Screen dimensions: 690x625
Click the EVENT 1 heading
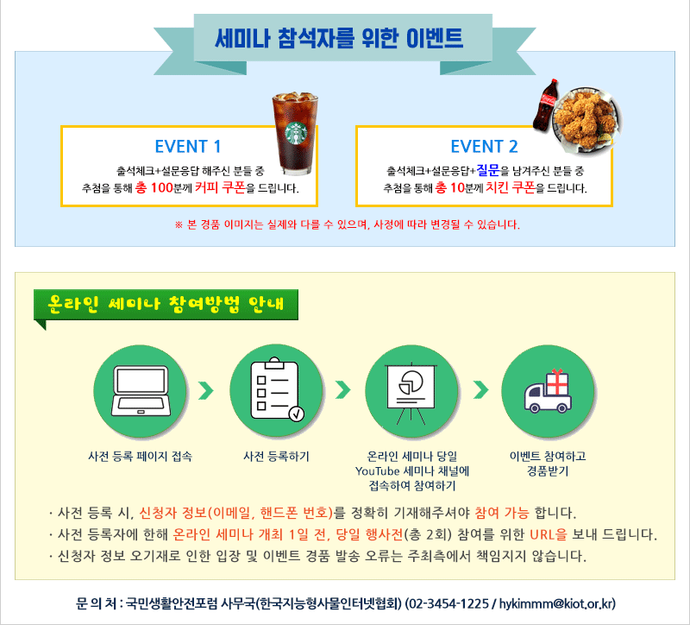click(188, 147)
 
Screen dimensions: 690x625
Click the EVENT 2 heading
click(484, 147)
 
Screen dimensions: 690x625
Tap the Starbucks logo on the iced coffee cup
click(296, 133)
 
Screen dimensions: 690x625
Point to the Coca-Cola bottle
click(545, 105)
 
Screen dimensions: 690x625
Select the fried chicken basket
click(586, 119)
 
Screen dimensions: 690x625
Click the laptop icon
click(141, 391)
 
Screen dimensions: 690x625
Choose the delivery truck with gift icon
click(548, 391)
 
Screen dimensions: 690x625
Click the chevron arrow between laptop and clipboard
click(206, 391)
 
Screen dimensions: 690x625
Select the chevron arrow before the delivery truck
click(481, 390)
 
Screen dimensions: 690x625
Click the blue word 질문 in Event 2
click(488, 169)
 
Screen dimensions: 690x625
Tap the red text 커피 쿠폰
click(220, 187)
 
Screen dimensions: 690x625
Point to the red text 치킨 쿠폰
click(510, 187)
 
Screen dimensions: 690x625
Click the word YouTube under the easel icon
click(377, 471)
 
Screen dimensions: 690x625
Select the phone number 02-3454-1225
click(448, 603)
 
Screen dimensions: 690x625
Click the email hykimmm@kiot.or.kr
click(556, 603)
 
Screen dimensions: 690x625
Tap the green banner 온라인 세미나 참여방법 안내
click(166, 305)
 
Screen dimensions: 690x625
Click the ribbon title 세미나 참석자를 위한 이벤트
click(339, 38)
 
